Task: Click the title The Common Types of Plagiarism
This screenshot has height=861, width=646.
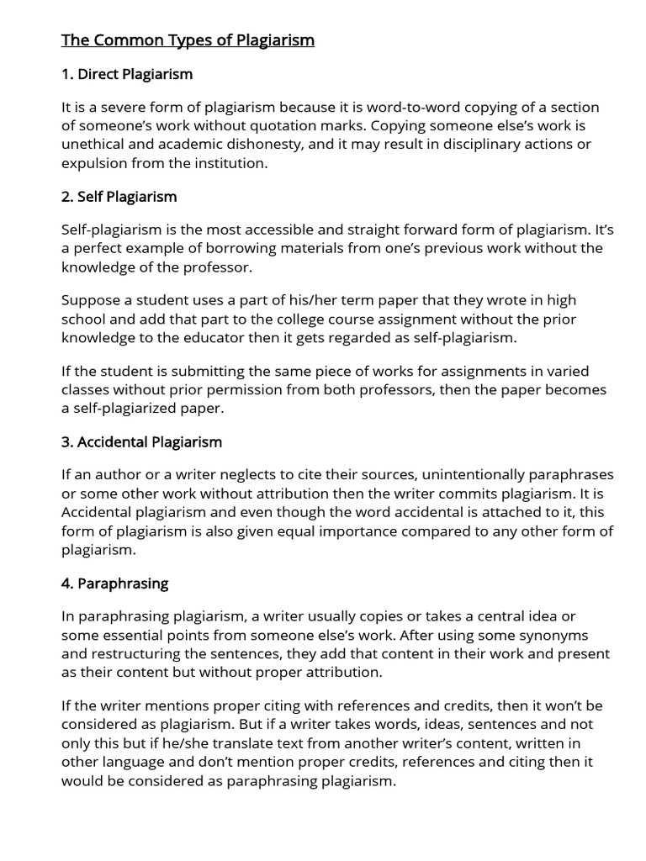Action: coord(188,40)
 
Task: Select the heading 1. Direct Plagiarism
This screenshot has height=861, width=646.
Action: coord(127,74)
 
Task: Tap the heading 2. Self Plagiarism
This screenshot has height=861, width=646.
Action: coord(119,197)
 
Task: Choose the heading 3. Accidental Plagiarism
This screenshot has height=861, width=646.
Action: coord(141,441)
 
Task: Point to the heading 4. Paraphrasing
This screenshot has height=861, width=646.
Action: coord(114,583)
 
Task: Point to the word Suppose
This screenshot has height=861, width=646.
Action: coord(89,300)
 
